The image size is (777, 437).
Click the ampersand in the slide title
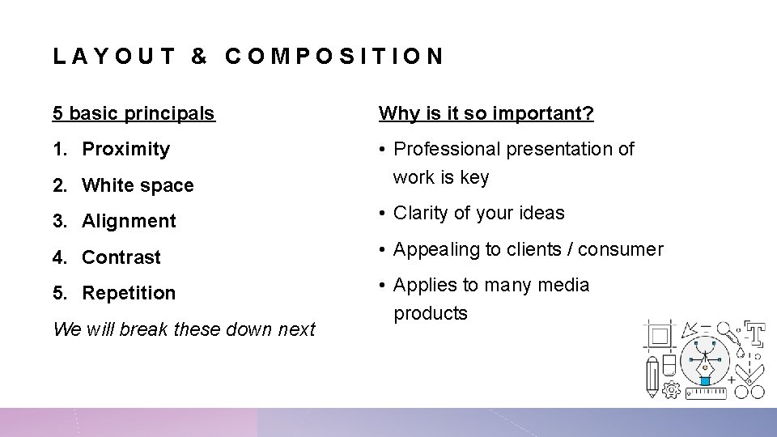point(199,57)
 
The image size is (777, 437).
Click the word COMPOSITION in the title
point(334,57)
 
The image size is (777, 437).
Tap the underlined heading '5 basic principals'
point(134,113)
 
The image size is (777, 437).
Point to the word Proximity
point(126,149)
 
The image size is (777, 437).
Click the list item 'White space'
point(138,185)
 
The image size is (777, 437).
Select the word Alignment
point(129,221)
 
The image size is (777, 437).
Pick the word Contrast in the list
point(121,257)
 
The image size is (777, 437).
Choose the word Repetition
point(129,293)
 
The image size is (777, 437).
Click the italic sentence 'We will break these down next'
point(184,329)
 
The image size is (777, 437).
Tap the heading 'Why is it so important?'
point(486,113)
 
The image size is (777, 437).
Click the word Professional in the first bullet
point(447,149)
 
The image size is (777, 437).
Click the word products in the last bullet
point(431,313)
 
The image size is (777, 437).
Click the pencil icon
point(652,379)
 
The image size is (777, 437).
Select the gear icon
point(670,391)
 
